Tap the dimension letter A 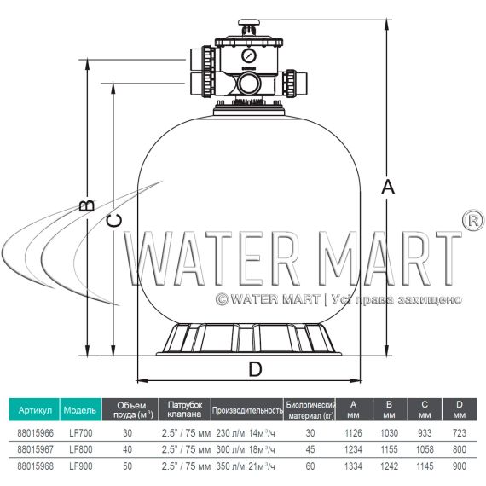[387, 188]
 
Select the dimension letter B [86, 205]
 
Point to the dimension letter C [113, 221]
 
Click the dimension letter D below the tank [256, 369]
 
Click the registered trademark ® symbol [473, 220]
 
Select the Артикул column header [35, 410]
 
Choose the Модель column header [80, 410]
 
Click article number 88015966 [35, 432]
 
